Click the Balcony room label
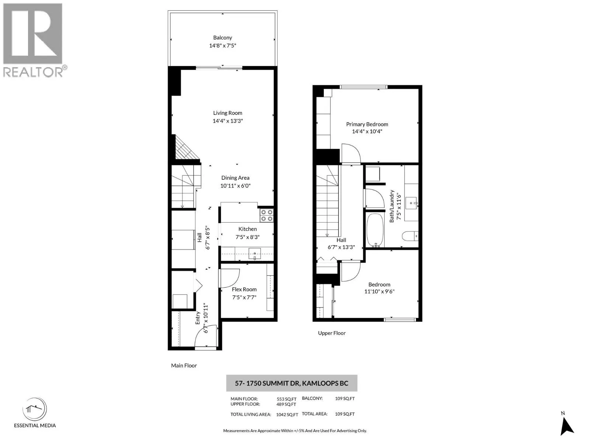[x=222, y=38]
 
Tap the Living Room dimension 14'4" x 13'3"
[x=228, y=121]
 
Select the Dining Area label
[x=235, y=178]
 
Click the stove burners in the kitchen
[x=267, y=216]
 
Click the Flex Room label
[x=244, y=289]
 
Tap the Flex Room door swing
[x=228, y=278]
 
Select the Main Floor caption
[x=184, y=365]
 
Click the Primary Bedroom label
[x=367, y=124]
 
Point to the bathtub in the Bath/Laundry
[x=375, y=230]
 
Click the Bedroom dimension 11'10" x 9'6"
[x=379, y=291]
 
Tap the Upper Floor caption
[x=332, y=333]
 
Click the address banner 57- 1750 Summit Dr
[x=291, y=383]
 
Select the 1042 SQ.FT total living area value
[x=287, y=415]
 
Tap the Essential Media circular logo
[x=35, y=409]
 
